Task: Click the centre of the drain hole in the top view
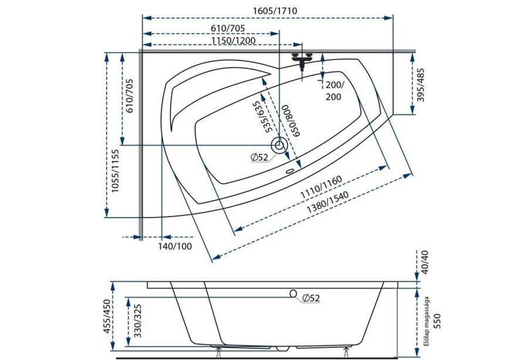coord(279,145)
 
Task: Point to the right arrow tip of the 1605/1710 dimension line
coord(393,18)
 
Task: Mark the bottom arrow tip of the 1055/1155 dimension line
coord(107,217)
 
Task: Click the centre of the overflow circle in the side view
coord(293,294)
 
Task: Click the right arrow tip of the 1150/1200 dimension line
coord(302,45)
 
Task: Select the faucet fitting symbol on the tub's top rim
coord(302,60)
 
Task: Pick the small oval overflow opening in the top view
coord(290,171)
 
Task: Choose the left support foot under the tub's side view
coord(219,352)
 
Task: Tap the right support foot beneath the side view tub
coord(346,352)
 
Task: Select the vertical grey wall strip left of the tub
coord(140,145)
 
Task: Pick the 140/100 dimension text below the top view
coord(175,246)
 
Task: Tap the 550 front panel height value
coord(436,321)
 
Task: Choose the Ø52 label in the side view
coord(311,298)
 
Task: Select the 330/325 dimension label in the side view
coord(137,321)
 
